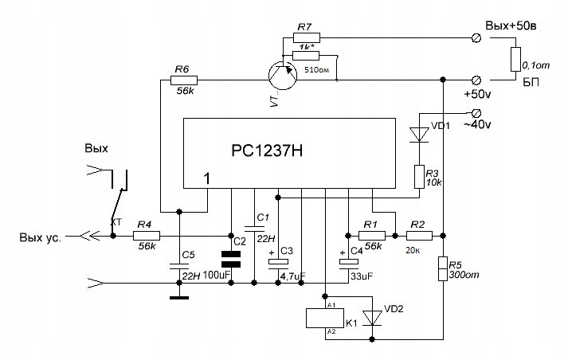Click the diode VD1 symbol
coord(419,133)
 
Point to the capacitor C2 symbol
coord(231,259)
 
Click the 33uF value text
coord(360,277)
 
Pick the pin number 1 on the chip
coord(206,180)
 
